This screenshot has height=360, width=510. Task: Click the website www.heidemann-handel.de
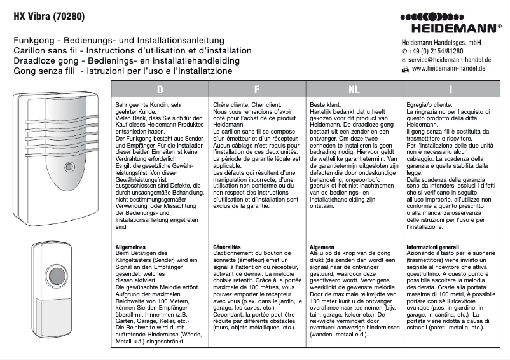(448, 67)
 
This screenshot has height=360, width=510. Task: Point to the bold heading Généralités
(228, 246)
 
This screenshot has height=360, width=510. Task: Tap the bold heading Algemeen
(323, 246)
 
